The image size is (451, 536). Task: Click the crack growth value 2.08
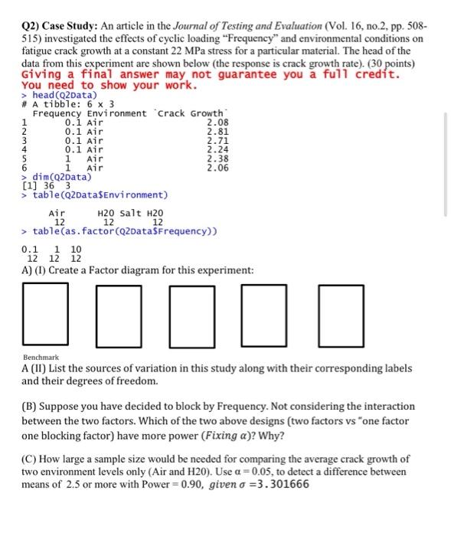coord(218,121)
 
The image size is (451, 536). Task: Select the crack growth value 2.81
coord(218,130)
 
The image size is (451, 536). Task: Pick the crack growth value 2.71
coord(218,139)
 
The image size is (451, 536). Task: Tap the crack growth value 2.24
coord(218,149)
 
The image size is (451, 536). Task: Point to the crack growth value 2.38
coord(218,158)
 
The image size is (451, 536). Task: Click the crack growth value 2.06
coord(218,167)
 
